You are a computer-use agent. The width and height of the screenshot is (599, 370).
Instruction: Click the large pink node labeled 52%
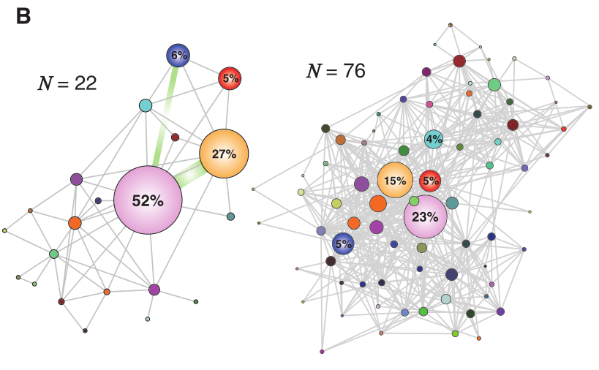pos(148,200)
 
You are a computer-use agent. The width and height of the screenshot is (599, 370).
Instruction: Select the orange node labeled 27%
pos(224,154)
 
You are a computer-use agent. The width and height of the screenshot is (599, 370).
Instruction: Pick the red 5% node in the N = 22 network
pos(230,78)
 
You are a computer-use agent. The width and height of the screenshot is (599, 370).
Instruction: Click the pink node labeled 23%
pos(425,216)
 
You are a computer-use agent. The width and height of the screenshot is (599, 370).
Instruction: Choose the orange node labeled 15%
pos(395,181)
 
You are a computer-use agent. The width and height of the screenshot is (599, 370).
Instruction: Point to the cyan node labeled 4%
pos(434,139)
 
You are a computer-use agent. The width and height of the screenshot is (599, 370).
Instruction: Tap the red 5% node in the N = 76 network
pos(430,180)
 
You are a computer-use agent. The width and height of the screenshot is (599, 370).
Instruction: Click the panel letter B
pos(23,16)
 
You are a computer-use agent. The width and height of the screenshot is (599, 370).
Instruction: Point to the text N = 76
pos(336,71)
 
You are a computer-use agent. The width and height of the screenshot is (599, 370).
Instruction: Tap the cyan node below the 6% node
pos(146,105)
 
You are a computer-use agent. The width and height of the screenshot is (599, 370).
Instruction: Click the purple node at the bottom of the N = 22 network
pos(154,290)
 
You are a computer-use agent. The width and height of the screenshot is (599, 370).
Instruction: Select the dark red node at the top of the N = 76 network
pos(459,61)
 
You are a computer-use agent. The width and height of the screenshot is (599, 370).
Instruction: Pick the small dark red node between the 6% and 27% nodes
pos(175,137)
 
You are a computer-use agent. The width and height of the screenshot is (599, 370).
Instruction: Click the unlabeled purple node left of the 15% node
pos(361,184)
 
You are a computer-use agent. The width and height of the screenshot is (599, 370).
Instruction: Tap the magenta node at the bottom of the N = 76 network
pos(322,352)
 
